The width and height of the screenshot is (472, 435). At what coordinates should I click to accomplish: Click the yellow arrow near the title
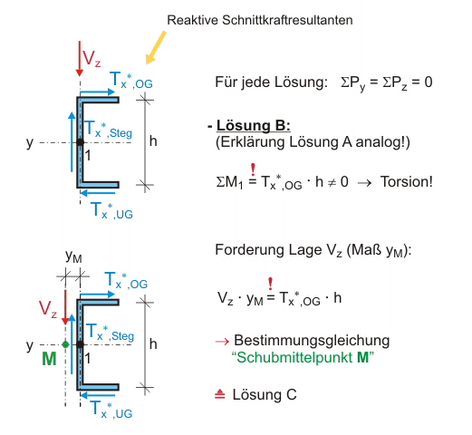click(x=156, y=48)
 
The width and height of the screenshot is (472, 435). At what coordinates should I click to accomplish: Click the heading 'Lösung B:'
click(x=254, y=125)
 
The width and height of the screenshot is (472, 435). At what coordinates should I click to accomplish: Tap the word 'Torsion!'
click(x=407, y=182)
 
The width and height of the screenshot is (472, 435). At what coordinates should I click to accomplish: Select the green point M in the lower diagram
click(x=65, y=344)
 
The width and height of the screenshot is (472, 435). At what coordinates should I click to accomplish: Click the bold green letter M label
click(x=49, y=359)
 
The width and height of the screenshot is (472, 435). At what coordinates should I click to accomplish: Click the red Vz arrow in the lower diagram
click(x=65, y=307)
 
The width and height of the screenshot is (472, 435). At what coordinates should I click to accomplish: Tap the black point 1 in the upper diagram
click(x=80, y=142)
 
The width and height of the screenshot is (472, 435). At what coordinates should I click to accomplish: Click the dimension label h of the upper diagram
click(x=153, y=141)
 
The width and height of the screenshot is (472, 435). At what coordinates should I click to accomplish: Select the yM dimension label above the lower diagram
click(x=73, y=256)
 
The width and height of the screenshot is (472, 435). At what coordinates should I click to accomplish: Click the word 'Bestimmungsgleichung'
click(x=312, y=341)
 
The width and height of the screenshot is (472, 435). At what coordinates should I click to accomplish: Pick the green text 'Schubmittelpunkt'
click(x=294, y=358)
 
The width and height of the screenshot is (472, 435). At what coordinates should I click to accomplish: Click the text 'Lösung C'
click(x=265, y=394)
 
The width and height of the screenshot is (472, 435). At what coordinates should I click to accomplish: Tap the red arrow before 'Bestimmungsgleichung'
click(x=222, y=342)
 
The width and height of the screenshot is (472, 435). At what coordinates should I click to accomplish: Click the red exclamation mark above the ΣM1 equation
click(x=253, y=169)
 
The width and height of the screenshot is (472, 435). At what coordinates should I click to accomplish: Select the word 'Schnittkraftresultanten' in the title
click(x=287, y=20)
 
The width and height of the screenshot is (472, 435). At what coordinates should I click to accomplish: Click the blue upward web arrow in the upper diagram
click(x=72, y=142)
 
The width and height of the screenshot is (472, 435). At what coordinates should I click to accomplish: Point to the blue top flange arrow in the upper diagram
click(x=98, y=92)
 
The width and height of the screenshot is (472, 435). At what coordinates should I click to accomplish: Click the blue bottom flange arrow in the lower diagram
click(x=98, y=395)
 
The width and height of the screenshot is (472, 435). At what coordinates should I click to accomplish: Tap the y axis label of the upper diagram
click(x=30, y=142)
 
